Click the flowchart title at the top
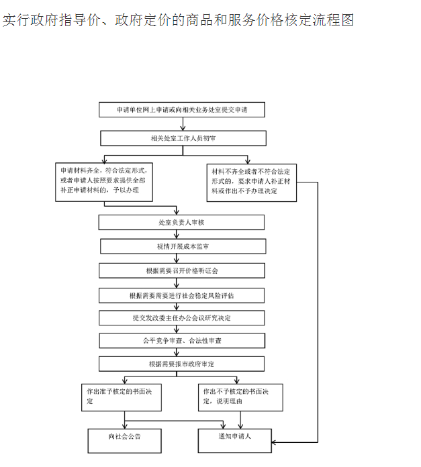[x=178, y=20]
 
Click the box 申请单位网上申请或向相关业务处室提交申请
[x=181, y=109]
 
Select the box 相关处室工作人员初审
[x=183, y=138]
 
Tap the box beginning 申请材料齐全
[x=104, y=180]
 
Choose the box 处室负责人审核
[x=181, y=222]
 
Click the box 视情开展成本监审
[x=183, y=246]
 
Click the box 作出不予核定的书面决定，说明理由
[x=240, y=397]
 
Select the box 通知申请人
[x=234, y=439]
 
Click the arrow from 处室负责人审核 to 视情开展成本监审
[x=177, y=234]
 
